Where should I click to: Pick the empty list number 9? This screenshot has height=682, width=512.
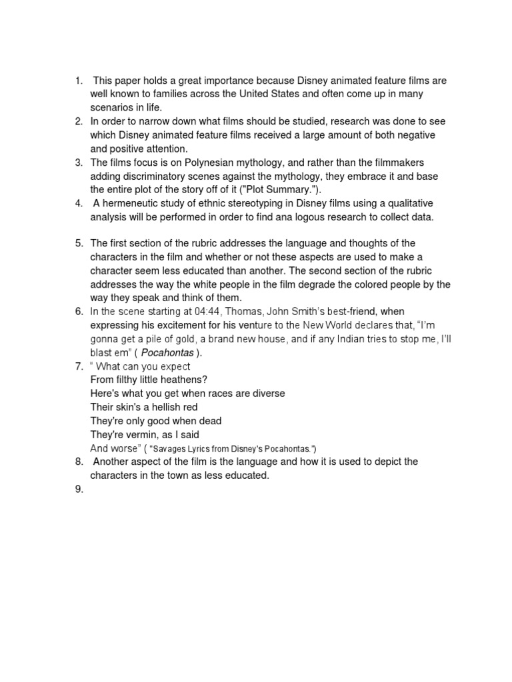click(79, 490)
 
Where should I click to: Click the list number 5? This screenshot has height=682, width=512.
click(79, 243)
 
